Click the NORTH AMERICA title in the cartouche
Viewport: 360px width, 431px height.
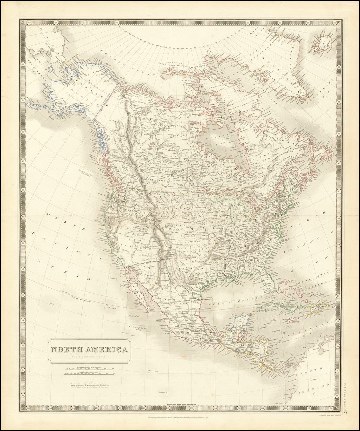coord(89,350)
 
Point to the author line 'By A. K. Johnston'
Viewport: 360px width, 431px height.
coord(89,358)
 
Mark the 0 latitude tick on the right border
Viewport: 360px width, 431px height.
coord(339,396)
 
